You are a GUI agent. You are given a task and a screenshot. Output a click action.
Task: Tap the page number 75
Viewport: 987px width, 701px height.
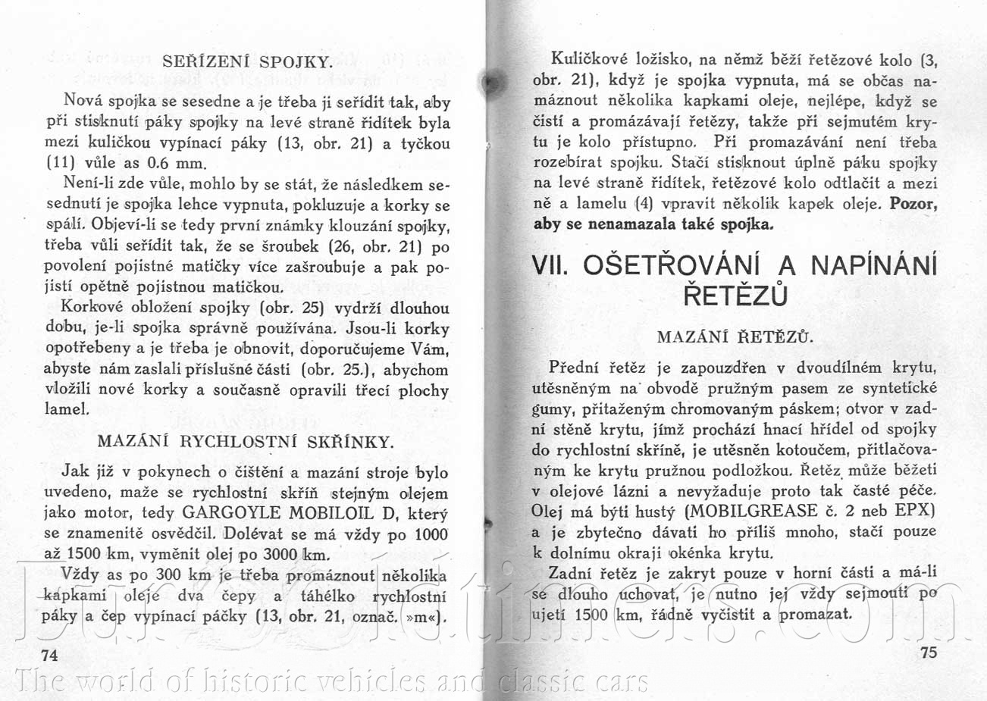(928, 652)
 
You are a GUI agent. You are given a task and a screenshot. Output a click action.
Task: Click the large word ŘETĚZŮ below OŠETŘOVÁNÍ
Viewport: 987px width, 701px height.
(735, 295)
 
